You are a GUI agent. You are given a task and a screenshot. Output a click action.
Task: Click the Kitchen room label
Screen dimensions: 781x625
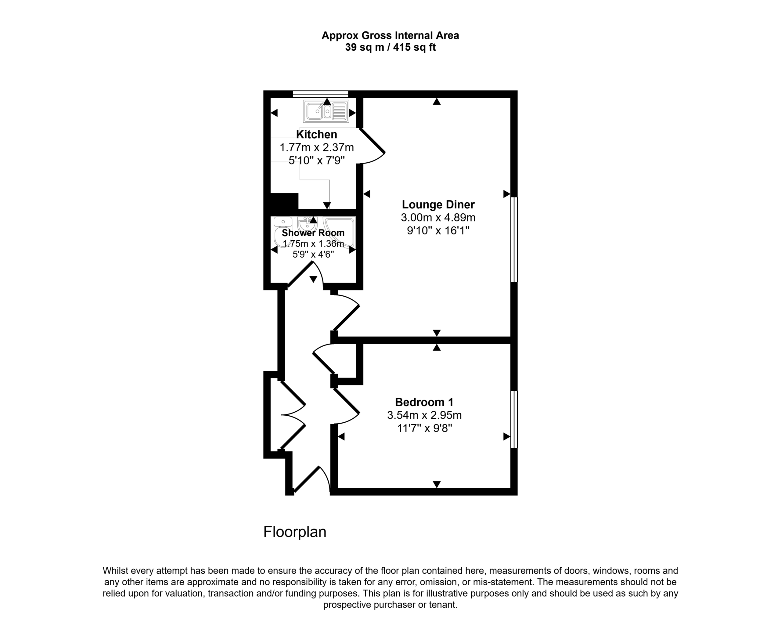point(317,134)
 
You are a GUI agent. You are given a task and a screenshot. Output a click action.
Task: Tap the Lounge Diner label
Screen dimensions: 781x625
point(438,204)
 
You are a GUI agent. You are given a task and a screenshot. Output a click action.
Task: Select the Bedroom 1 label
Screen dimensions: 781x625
point(424,402)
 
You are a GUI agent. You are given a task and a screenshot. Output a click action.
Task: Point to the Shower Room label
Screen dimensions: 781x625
point(313,233)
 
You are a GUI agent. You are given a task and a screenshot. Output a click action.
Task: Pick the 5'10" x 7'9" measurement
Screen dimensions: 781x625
point(317,160)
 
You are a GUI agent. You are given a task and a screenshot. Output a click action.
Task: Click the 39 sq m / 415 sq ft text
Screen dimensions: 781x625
point(390,47)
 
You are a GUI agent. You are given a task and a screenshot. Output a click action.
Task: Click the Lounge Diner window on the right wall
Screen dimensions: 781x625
point(514,240)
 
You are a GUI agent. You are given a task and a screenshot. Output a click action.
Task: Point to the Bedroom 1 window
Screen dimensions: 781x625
point(514,419)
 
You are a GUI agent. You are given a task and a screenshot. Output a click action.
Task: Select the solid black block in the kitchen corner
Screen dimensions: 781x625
point(284,201)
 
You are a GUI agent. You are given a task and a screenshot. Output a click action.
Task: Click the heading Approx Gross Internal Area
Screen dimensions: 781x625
point(390,35)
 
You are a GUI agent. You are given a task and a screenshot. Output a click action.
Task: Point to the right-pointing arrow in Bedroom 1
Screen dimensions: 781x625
point(507,437)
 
